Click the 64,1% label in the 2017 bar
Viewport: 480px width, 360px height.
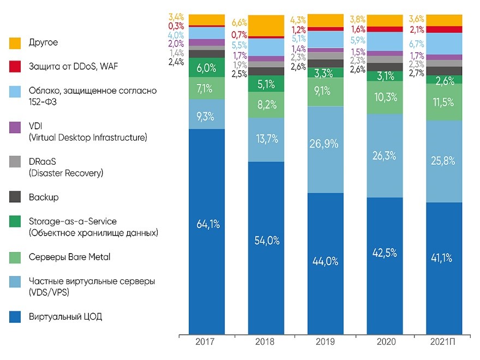[207, 224]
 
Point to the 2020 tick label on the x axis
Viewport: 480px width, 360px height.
[385, 341]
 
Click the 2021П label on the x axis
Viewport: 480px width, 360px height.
[444, 341]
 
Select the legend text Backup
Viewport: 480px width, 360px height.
[44, 197]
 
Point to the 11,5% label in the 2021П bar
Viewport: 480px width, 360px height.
[445, 101]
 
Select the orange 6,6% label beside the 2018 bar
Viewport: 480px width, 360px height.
[239, 22]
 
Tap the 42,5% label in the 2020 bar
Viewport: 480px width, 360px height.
[385, 254]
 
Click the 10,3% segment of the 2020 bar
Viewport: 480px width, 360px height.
[385, 97]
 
